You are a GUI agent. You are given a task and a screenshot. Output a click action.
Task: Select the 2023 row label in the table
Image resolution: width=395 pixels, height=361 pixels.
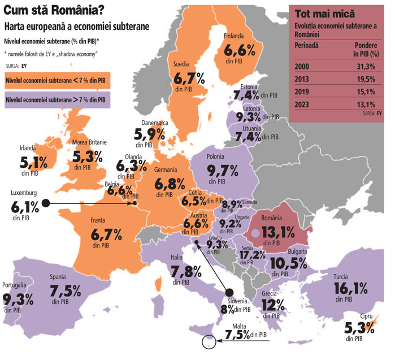coord(302,104)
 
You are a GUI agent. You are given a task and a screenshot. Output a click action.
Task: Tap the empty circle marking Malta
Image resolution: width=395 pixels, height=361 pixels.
coord(209,342)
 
